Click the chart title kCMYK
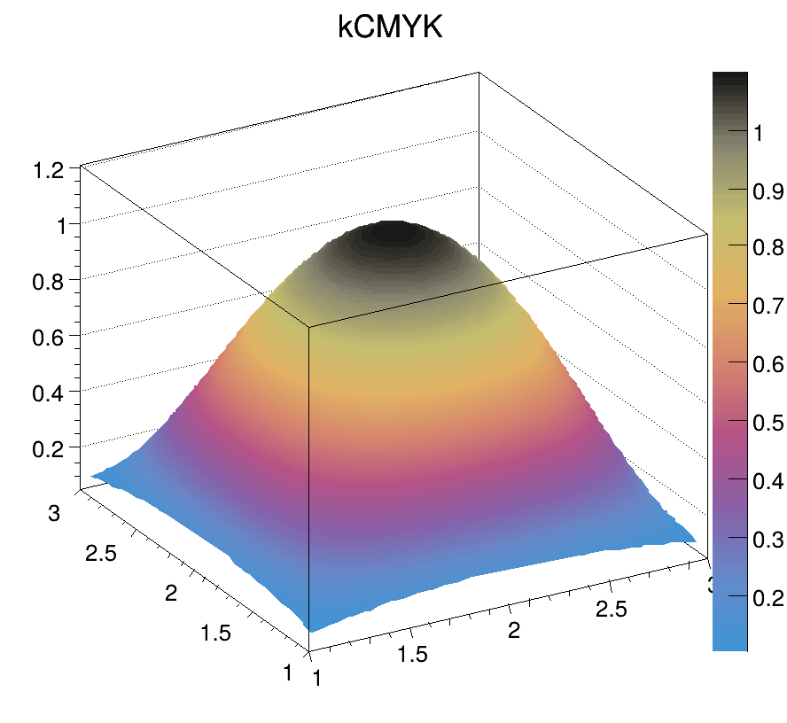389,27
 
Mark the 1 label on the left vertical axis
62,225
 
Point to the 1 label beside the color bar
759,133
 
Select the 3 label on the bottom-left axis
55,514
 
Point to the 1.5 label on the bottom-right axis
412,655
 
